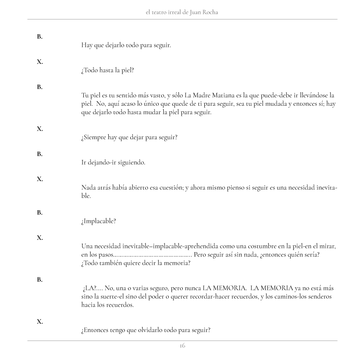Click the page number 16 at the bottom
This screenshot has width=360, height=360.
tap(182, 346)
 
